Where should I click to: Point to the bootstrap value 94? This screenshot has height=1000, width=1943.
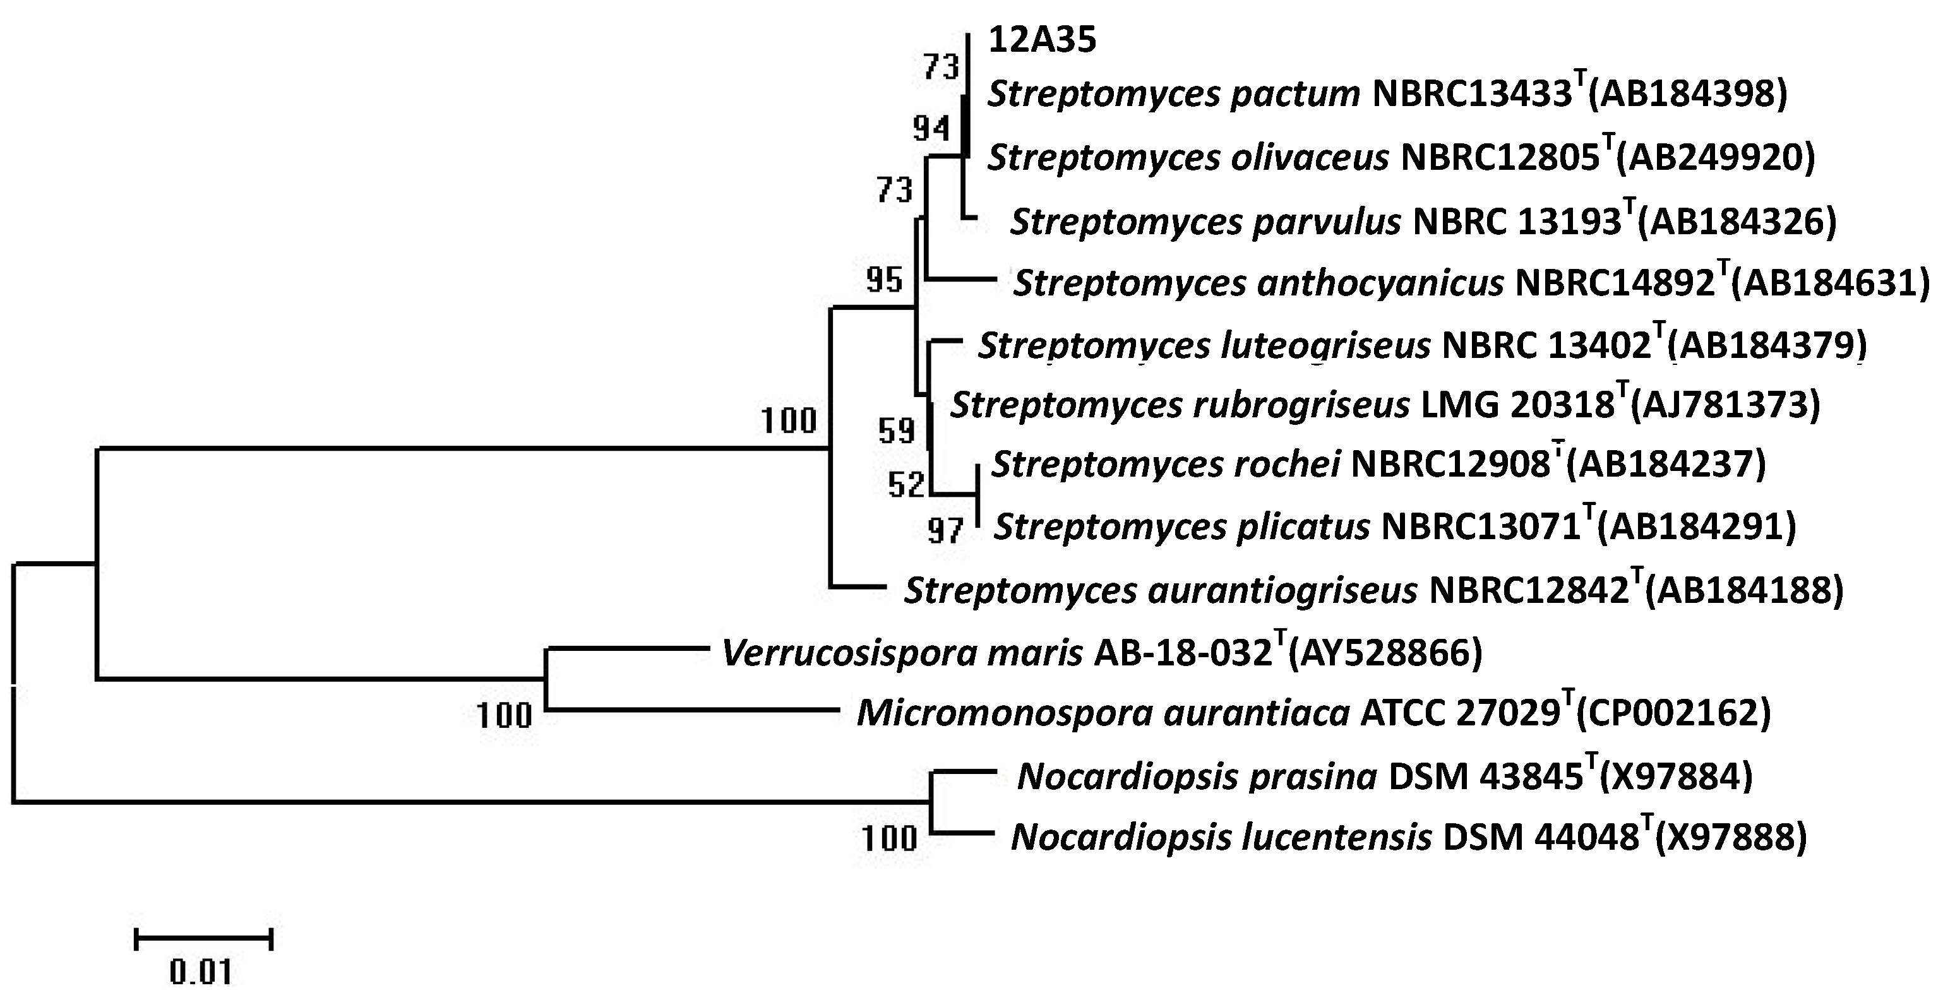[931, 129]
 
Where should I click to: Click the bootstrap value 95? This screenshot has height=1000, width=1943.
[884, 280]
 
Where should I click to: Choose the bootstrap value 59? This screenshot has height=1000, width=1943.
[896, 431]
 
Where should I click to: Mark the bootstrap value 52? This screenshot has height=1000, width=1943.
[906, 485]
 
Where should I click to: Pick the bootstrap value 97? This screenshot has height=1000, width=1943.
[946, 532]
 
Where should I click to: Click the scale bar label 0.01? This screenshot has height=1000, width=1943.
[201, 973]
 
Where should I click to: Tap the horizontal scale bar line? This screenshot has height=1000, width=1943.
[203, 939]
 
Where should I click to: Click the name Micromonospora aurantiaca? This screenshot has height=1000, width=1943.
[1103, 713]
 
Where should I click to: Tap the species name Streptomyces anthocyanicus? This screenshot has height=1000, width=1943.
[1258, 284]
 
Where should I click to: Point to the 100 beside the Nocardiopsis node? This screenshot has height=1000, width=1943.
[889, 838]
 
